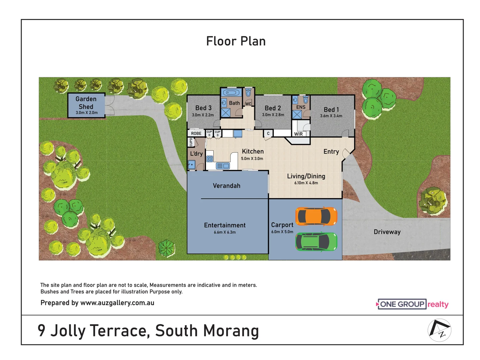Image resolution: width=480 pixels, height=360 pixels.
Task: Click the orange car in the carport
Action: pyautogui.click(x=316, y=216)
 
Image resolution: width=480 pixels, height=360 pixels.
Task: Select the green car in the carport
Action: pyautogui.click(x=316, y=242)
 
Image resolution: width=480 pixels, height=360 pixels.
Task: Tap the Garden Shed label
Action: pyautogui.click(x=86, y=103)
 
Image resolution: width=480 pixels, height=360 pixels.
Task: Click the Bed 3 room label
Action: pyautogui.click(x=203, y=108)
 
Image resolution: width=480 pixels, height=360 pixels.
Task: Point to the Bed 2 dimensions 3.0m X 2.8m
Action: pyautogui.click(x=273, y=115)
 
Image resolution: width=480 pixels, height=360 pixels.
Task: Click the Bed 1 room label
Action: pyautogui.click(x=331, y=110)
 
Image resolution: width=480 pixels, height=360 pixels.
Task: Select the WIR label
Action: pyautogui.click(x=298, y=134)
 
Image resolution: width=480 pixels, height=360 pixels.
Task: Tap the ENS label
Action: pyautogui.click(x=301, y=107)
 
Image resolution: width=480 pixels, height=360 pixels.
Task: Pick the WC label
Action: pyautogui.click(x=248, y=104)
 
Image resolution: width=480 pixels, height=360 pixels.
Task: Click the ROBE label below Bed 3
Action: pyautogui.click(x=196, y=134)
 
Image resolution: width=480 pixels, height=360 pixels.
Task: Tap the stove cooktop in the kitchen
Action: pyautogui.click(x=210, y=159)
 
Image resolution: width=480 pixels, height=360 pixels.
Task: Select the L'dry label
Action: pyautogui.click(x=196, y=154)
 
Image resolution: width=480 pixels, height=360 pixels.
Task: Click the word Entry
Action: pyautogui.click(x=331, y=152)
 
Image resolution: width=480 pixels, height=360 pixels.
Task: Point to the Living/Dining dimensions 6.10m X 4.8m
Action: pyautogui.click(x=306, y=183)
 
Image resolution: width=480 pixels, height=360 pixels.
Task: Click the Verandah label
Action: pyautogui.click(x=226, y=186)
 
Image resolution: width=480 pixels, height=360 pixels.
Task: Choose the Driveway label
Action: pyautogui.click(x=387, y=232)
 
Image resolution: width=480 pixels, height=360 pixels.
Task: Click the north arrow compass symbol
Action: pyautogui.click(x=439, y=330)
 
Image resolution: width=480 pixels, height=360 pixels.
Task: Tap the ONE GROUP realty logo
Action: pyautogui.click(x=412, y=304)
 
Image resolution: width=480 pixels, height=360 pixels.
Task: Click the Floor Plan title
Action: pyautogui.click(x=236, y=41)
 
